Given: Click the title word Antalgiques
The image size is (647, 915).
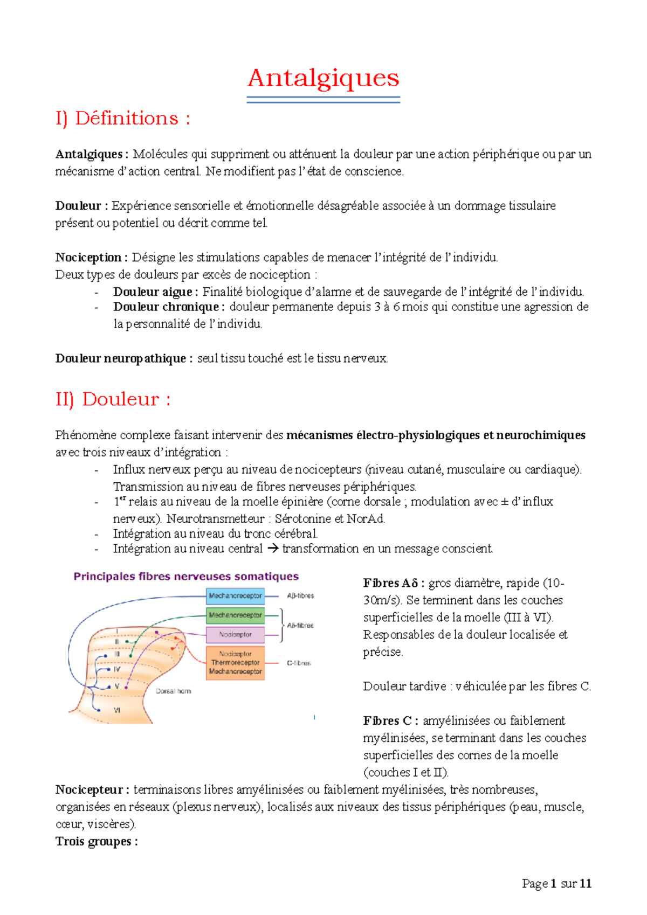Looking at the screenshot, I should (x=323, y=79).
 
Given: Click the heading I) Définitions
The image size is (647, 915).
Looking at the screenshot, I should (x=122, y=119).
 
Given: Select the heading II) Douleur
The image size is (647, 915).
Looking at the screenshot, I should (x=113, y=399).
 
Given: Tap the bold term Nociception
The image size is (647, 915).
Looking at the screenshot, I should (x=88, y=258).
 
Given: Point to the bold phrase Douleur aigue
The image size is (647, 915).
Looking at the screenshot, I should (x=153, y=292).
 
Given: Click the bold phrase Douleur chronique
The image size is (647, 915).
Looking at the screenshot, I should (x=166, y=307).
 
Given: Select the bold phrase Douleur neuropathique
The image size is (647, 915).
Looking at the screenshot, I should (x=120, y=358).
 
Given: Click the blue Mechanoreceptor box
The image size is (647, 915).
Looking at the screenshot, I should (x=235, y=596).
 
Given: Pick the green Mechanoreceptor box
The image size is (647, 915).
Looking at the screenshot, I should (x=235, y=615).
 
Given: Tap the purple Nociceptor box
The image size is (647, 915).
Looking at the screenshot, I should (x=235, y=635).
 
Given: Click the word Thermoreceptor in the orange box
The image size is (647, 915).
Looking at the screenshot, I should (x=235, y=663).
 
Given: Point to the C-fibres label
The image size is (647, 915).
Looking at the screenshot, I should (x=299, y=663).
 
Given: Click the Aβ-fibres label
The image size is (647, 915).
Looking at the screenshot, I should (x=300, y=596).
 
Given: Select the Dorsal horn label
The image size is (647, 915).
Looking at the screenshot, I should (x=173, y=691).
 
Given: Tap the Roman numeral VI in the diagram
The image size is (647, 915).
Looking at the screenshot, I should (x=117, y=711).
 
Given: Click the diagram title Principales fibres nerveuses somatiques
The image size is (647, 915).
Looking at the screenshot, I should (x=186, y=577).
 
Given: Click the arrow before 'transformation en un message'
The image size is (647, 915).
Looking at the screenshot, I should (x=273, y=549).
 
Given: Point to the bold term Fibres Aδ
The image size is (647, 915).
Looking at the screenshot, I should (x=390, y=583).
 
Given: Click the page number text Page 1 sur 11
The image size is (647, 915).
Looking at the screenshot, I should (x=556, y=884).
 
